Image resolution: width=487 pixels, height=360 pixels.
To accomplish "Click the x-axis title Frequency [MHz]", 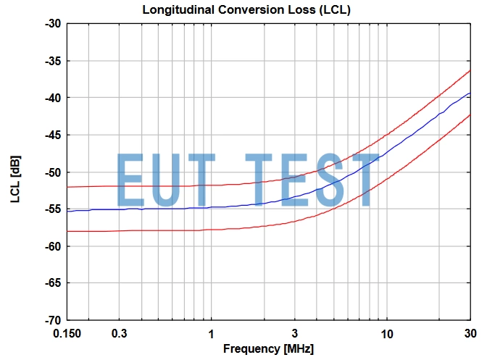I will [x=268, y=349].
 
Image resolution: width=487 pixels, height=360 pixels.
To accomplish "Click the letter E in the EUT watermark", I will [x=131, y=180].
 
